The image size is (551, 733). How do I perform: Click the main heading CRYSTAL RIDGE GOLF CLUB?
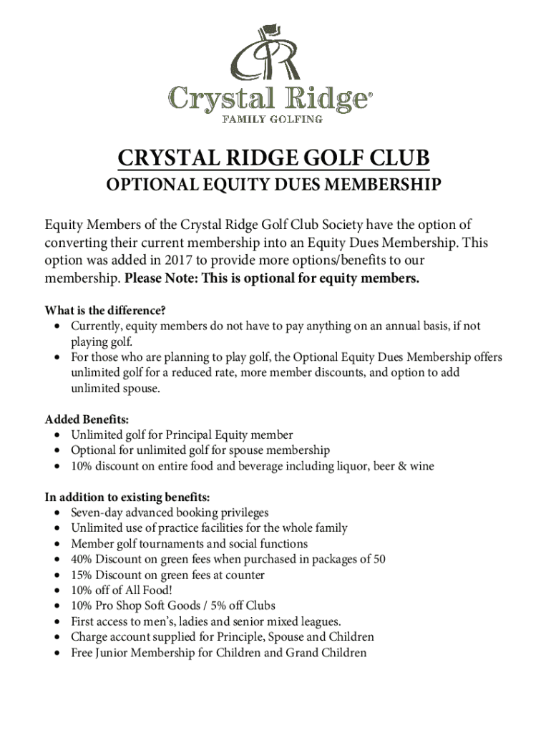[275, 159]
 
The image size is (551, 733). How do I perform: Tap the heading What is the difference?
[105, 311]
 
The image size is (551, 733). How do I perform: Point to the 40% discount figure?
[82, 560]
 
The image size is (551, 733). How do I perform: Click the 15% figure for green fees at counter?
[82, 576]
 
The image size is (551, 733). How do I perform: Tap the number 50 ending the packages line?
[379, 560]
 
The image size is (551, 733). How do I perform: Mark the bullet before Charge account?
[56, 637]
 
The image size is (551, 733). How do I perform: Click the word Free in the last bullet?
[82, 653]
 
